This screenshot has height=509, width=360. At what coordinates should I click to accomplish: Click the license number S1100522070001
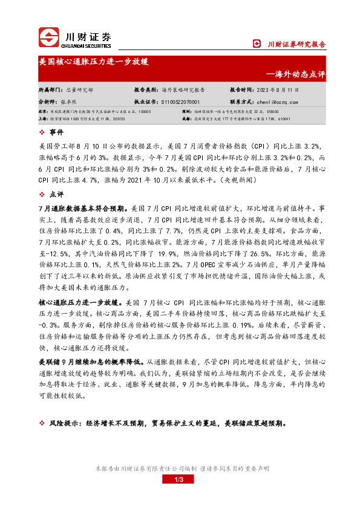[181, 102]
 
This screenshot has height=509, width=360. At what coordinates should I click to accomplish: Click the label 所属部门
[50, 89]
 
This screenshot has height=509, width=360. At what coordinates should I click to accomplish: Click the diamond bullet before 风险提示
[41, 423]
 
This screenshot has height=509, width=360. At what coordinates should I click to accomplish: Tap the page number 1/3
[180, 479]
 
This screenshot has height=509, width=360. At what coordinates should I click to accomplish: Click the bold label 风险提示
[62, 423]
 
